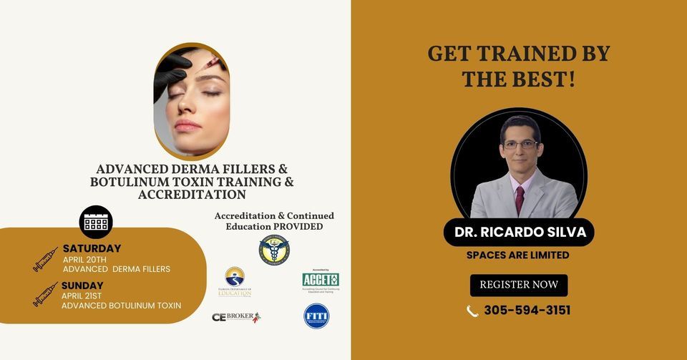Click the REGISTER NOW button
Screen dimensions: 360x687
[519, 285]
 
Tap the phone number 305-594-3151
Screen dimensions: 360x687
[527, 311]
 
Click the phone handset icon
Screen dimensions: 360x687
[472, 311]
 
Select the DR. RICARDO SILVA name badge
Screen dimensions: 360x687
[519, 233]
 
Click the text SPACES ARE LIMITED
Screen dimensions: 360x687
[519, 255]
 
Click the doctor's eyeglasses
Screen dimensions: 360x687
[520, 145]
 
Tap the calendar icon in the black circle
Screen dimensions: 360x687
[96, 223]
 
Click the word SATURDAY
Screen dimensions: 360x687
[92, 248]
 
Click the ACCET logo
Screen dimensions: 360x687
[320, 280]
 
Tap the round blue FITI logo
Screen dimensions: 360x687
[316, 316]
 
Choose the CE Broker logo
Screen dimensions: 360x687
[235, 316]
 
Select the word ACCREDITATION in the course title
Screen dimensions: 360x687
[192, 194]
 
